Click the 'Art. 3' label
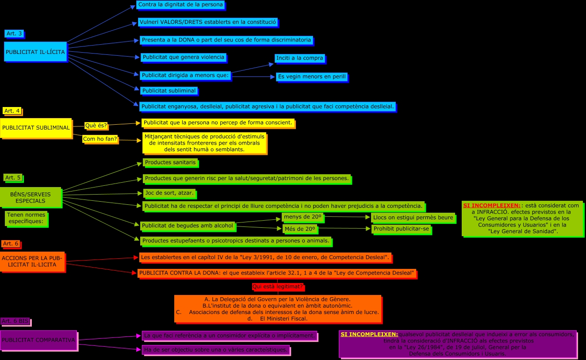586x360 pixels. pos(14,34)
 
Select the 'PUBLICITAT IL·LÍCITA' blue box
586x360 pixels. pos(35,52)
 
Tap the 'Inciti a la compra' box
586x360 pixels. pos(300,58)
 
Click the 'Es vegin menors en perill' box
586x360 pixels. pos(312,77)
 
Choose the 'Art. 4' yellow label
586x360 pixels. pos(12,111)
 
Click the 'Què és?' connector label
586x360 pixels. pos(96,126)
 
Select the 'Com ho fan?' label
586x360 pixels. pos(100,139)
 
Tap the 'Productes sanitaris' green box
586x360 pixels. pos(170,163)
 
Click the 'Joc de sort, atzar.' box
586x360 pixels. pos(169,193)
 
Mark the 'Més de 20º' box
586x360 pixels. pos(300,229)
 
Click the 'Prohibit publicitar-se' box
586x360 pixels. pos(401,229)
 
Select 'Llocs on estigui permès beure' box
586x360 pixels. pos(413,218)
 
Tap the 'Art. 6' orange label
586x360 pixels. pos(10,244)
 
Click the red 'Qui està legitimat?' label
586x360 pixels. pos(278,287)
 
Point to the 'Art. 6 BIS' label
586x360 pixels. pos(15,321)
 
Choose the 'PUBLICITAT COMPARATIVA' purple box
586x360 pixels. pos(38,340)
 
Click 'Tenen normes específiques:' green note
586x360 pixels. pos(27,218)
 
